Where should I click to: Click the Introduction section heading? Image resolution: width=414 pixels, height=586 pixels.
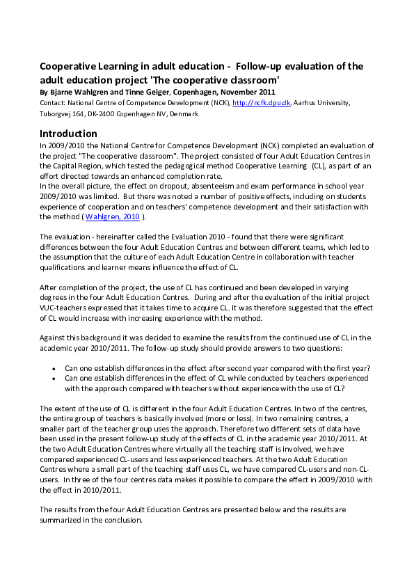click(68, 134)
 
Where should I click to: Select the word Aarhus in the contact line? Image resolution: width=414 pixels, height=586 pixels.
click(303, 103)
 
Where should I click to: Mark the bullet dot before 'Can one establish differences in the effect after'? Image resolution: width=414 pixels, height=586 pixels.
click(55, 368)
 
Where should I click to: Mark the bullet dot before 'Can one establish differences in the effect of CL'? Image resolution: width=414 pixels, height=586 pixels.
click(55, 379)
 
